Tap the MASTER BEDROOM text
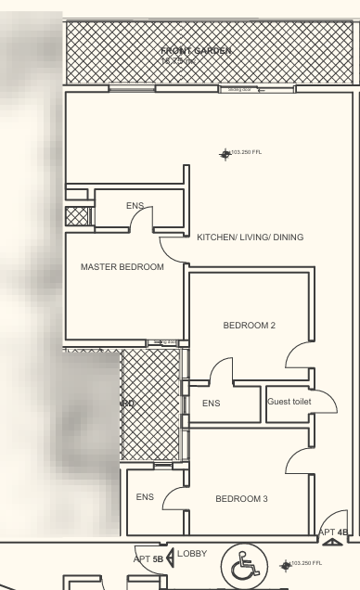[x=122, y=267]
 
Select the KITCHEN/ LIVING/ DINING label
[x=250, y=237]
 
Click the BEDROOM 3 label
[x=241, y=499]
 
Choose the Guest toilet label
[x=289, y=402]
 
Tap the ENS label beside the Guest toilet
[x=212, y=404]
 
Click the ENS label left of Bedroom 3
[x=145, y=497]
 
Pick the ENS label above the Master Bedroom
[x=135, y=205]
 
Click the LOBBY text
[x=193, y=554]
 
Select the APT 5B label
[x=148, y=559]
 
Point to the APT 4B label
[x=333, y=532]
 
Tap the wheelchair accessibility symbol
[x=246, y=565]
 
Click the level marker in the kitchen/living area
[x=225, y=154]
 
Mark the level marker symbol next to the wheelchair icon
[x=285, y=564]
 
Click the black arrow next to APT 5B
[x=170, y=558]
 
